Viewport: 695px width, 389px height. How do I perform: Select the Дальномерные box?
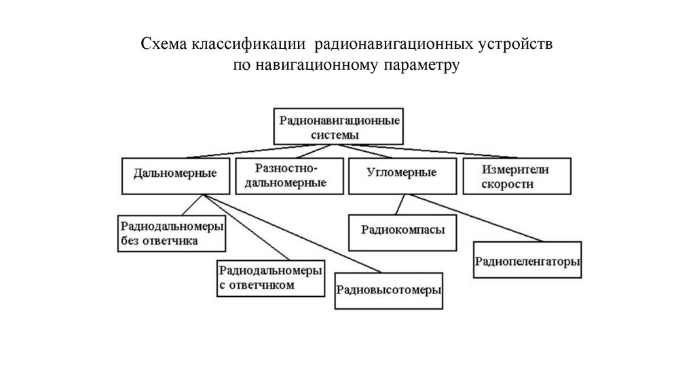click(x=176, y=174)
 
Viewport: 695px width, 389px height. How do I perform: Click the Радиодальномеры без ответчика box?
click(x=171, y=232)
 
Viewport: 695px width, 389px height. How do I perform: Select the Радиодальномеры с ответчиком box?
click(x=269, y=277)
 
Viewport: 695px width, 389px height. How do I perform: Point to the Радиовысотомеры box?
click(x=389, y=290)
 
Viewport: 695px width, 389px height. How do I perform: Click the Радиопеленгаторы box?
click(x=528, y=260)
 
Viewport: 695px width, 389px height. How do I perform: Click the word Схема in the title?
click(x=164, y=45)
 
